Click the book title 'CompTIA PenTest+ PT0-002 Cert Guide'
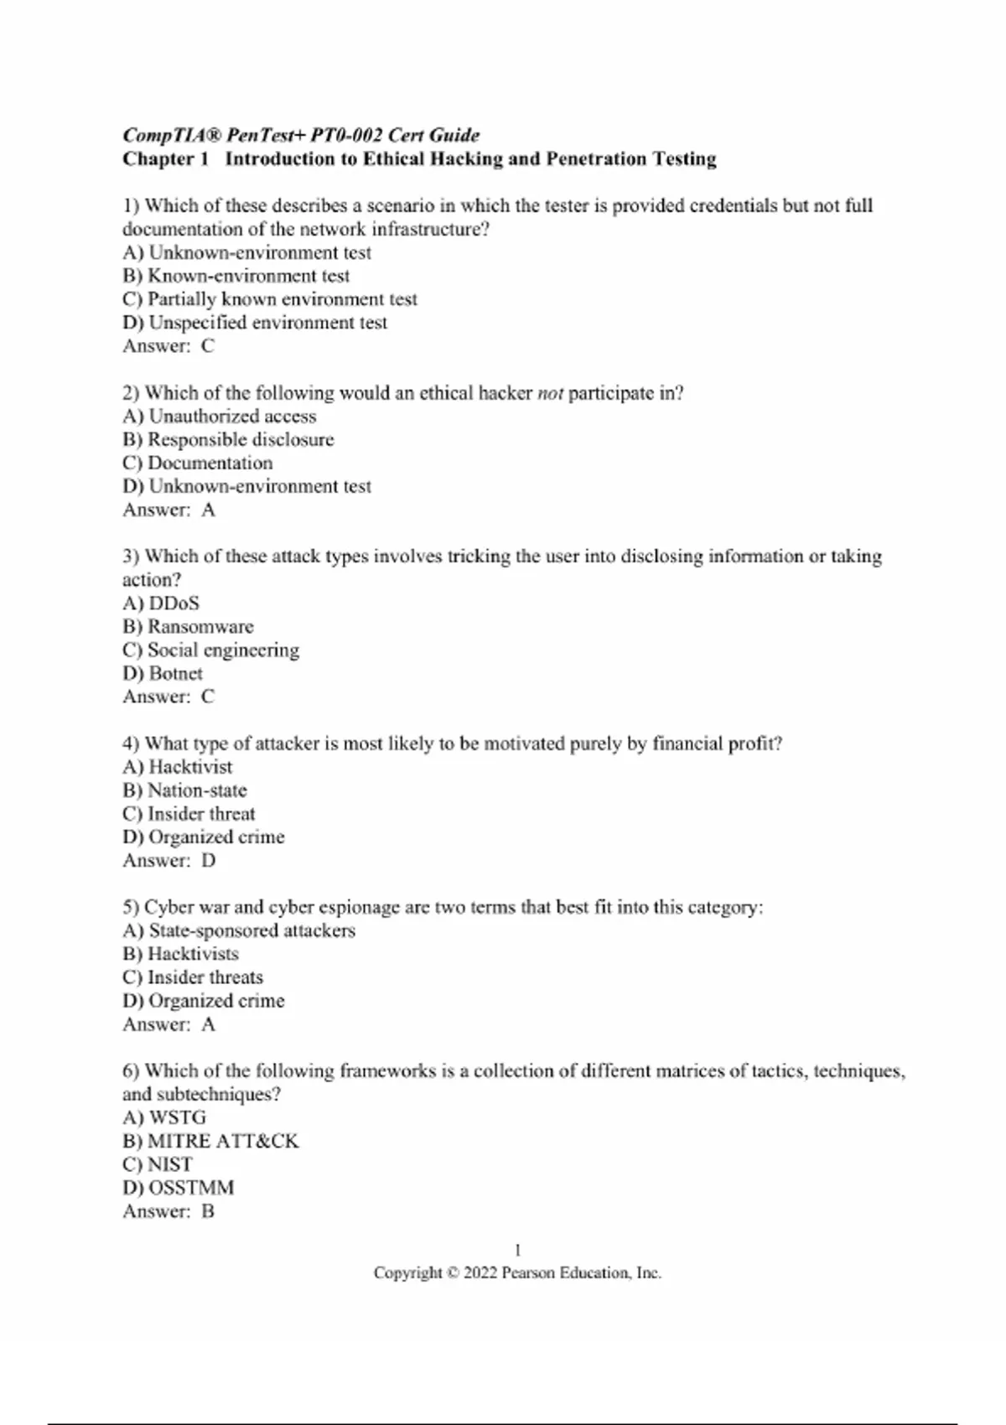tap(301, 135)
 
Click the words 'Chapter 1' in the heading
tap(165, 158)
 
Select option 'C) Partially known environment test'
tap(269, 299)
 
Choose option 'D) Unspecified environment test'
tap(255, 323)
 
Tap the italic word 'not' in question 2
tap(550, 393)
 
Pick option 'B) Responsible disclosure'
tap(228, 439)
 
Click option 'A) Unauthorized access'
tap(220, 416)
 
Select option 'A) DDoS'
tap(161, 603)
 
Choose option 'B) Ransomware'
tap(188, 626)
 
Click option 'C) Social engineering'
tap(210, 650)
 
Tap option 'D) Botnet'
tap(163, 673)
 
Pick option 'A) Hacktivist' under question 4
tap(178, 766)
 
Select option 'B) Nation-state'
tap(184, 790)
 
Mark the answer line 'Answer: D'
tap(169, 860)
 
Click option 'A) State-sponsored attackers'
tap(239, 930)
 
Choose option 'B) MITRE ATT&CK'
tap(210, 1141)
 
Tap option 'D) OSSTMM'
tap(179, 1188)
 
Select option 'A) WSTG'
tap(164, 1117)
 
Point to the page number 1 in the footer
tap(517, 1250)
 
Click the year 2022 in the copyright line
tap(480, 1272)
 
